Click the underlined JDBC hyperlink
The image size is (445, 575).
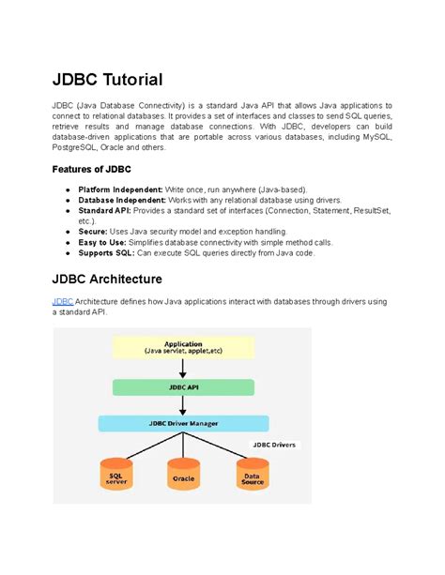[x=62, y=300]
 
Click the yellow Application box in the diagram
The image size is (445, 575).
[x=183, y=347]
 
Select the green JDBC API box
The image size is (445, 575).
[x=183, y=386]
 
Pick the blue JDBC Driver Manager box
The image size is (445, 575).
[x=183, y=424]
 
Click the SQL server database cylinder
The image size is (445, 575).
[x=116, y=477]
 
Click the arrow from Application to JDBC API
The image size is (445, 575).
[x=183, y=369]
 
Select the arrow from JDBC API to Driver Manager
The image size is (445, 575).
[x=183, y=405]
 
